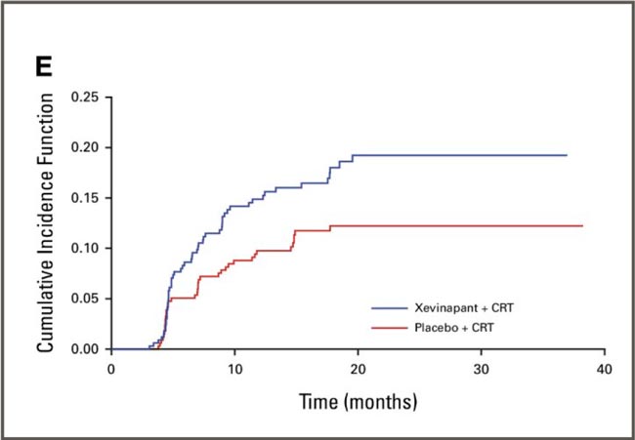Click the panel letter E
click(x=46, y=69)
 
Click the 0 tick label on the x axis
click(x=111, y=368)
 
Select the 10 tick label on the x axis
click(x=234, y=368)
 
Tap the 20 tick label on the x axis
click(x=358, y=368)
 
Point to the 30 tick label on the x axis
click(x=482, y=368)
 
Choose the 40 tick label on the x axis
click(x=605, y=368)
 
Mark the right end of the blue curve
click(x=567, y=155)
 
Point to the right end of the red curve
click(x=582, y=225)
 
